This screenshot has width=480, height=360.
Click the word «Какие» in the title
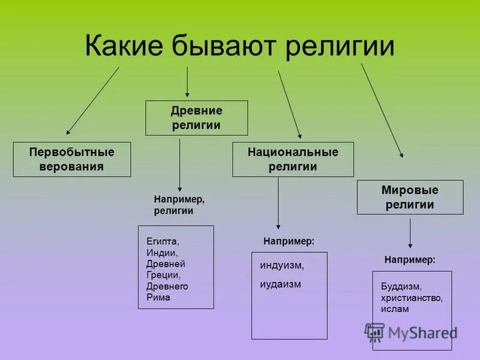pos(123,46)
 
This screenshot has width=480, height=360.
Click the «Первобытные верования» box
pos(71,159)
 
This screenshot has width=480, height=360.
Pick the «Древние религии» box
pos(196,118)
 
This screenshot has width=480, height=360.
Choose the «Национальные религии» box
pos(293,159)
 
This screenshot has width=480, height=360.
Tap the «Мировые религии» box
pos(410,197)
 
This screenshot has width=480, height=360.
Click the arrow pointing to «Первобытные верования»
pos(93,100)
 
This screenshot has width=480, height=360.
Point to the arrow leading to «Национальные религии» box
pos(289,104)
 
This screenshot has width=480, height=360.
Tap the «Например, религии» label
pos(179,205)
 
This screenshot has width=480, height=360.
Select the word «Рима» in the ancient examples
pos(158,297)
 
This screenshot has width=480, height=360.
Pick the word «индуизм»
pos(282,265)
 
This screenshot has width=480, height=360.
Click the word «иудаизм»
pos(280,284)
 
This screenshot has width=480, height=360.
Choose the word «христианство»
pos(411,298)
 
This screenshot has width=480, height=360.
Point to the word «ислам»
pos(394,309)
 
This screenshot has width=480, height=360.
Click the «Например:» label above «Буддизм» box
pos(409,260)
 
